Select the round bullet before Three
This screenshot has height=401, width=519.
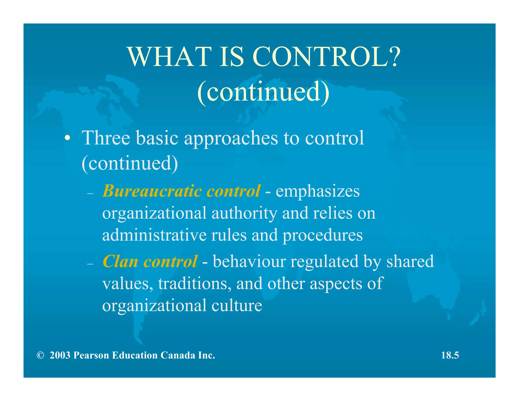click(x=67, y=139)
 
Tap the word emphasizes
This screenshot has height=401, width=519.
click(x=318, y=191)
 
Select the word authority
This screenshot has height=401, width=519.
click(x=244, y=213)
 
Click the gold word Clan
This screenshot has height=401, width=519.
click(x=120, y=261)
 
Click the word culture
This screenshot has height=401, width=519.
click(x=237, y=305)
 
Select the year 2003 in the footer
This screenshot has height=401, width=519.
click(x=60, y=355)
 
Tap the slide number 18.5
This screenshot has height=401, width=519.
click(x=450, y=355)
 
